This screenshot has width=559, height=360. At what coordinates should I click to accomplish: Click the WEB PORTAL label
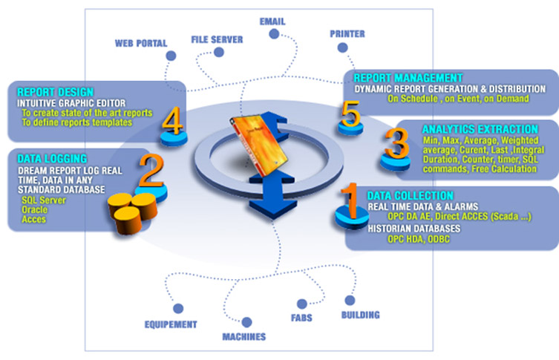click(140, 42)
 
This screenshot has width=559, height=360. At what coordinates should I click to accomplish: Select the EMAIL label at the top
click(272, 21)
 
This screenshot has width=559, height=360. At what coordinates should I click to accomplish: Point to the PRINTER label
click(347, 33)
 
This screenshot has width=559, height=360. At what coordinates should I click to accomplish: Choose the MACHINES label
click(245, 336)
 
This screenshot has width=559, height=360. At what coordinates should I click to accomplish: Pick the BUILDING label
click(360, 315)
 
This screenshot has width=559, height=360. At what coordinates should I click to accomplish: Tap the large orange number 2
click(151, 171)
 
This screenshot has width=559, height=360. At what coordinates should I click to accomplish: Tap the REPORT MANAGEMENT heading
click(408, 77)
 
